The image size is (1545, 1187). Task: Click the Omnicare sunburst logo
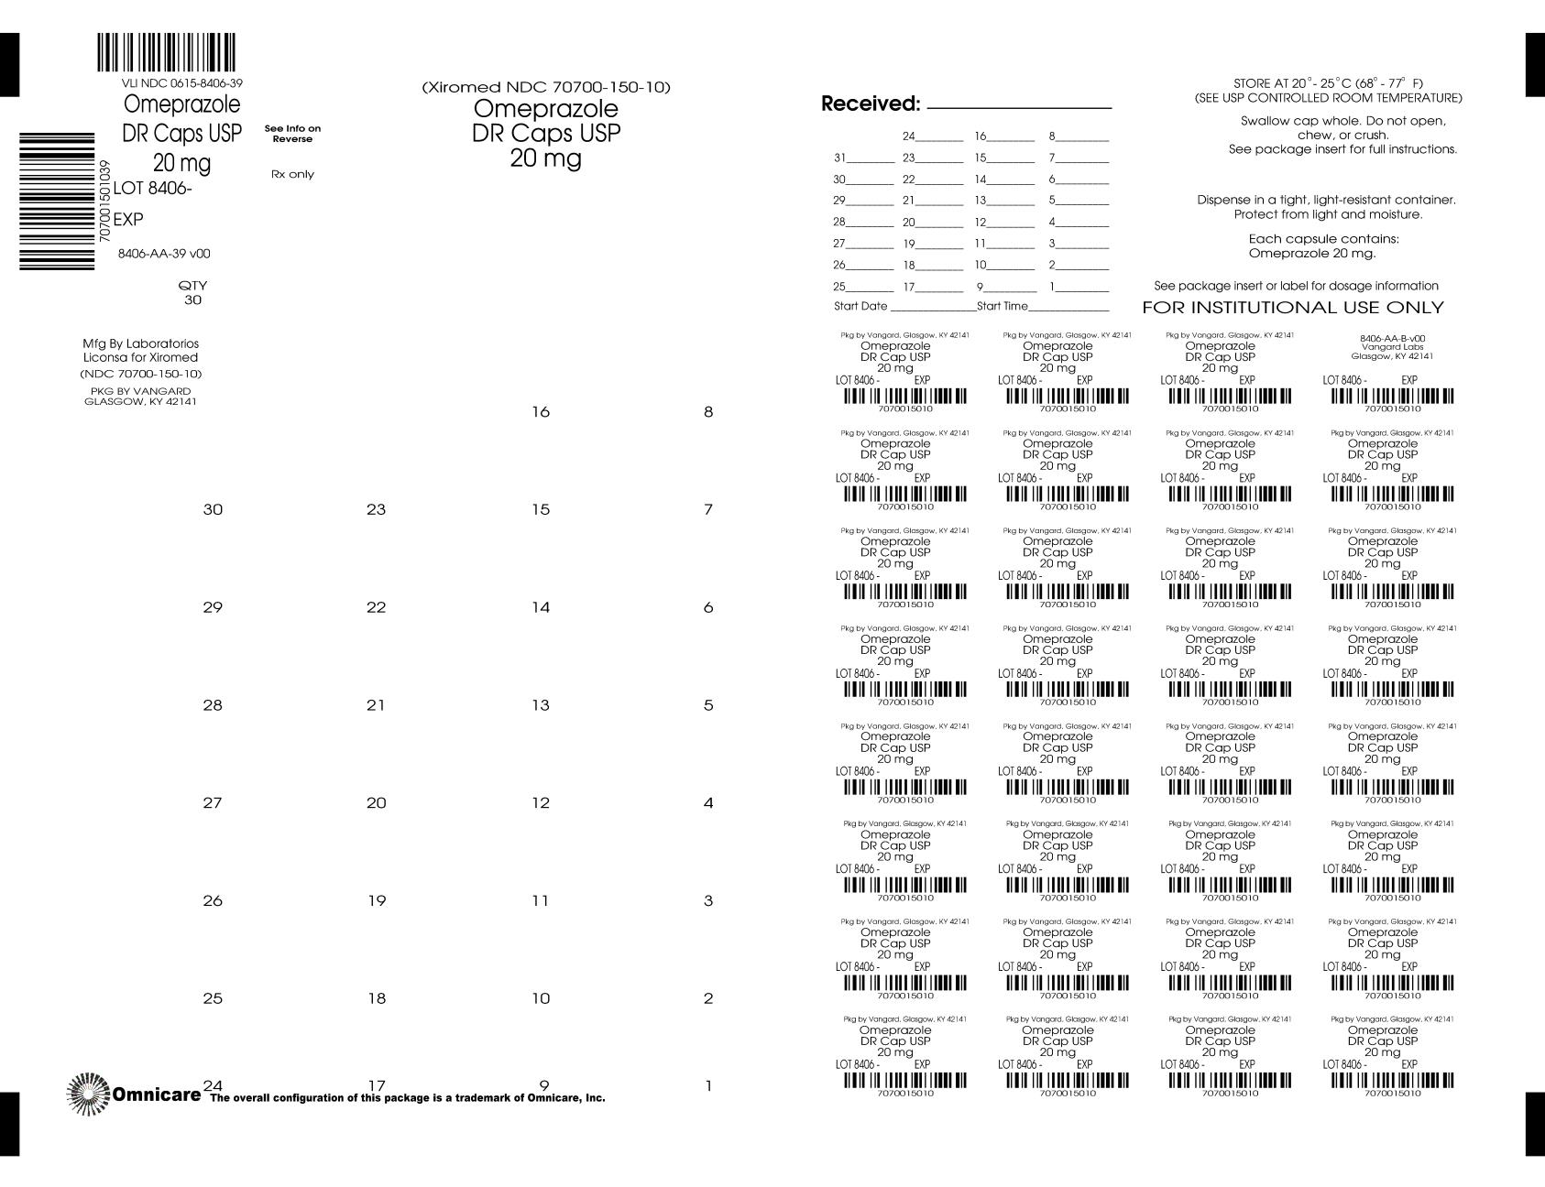tap(89, 1094)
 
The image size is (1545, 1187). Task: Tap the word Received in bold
tap(870, 104)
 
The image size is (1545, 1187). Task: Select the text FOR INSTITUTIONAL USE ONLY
tap(1292, 308)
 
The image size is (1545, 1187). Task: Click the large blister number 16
tap(541, 412)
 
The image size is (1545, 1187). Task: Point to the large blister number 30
tap(213, 510)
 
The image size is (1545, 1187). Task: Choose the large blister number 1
tap(708, 1087)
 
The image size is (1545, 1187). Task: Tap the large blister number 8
tap(708, 412)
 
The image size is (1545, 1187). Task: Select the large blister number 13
tap(541, 705)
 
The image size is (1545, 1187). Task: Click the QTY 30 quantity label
tap(192, 293)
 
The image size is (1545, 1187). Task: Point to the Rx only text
tap(292, 174)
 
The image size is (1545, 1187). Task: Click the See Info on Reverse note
tap(292, 134)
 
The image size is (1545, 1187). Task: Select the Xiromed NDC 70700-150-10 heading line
tap(546, 88)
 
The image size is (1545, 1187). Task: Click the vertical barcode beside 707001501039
tap(57, 201)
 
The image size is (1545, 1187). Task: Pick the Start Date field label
tap(860, 306)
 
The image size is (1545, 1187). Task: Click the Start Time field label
tap(1003, 306)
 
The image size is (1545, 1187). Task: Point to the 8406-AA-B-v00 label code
tap(1392, 338)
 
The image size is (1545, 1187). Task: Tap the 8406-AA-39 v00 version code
tap(164, 254)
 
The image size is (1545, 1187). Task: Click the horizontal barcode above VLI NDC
tap(166, 53)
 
